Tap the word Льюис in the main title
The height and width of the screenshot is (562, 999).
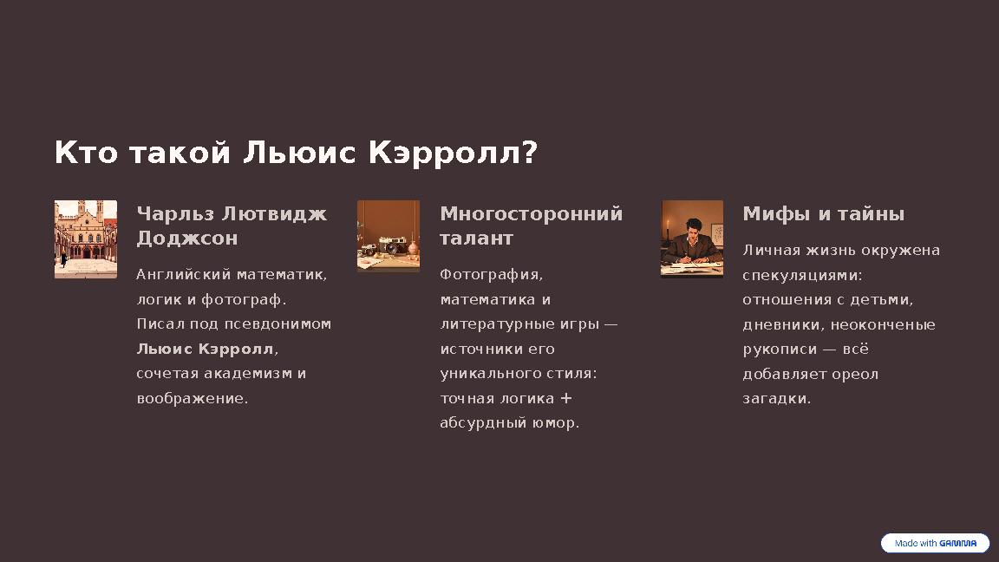click(x=298, y=154)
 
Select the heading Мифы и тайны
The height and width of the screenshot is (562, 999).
click(x=823, y=214)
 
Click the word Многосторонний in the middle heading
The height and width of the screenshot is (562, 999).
click(x=531, y=214)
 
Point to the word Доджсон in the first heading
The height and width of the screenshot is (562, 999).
click(x=186, y=239)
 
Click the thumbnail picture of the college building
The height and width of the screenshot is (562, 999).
click(x=86, y=239)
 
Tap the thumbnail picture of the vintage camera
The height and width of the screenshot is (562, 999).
click(x=388, y=237)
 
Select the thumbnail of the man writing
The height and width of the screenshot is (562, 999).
click(x=692, y=239)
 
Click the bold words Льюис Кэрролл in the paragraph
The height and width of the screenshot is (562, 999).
click(x=205, y=350)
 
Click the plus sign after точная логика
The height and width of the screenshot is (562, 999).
click(x=566, y=398)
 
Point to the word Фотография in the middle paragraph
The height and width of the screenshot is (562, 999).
click(x=490, y=275)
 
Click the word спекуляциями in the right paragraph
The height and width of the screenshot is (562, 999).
click(x=801, y=275)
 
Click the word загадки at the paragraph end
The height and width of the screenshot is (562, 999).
click(x=775, y=399)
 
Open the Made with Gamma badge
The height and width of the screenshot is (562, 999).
click(x=935, y=544)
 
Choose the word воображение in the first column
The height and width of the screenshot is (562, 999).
click(x=192, y=399)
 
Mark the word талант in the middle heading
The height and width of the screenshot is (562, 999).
click(x=476, y=239)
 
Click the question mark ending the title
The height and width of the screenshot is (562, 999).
click(x=531, y=154)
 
